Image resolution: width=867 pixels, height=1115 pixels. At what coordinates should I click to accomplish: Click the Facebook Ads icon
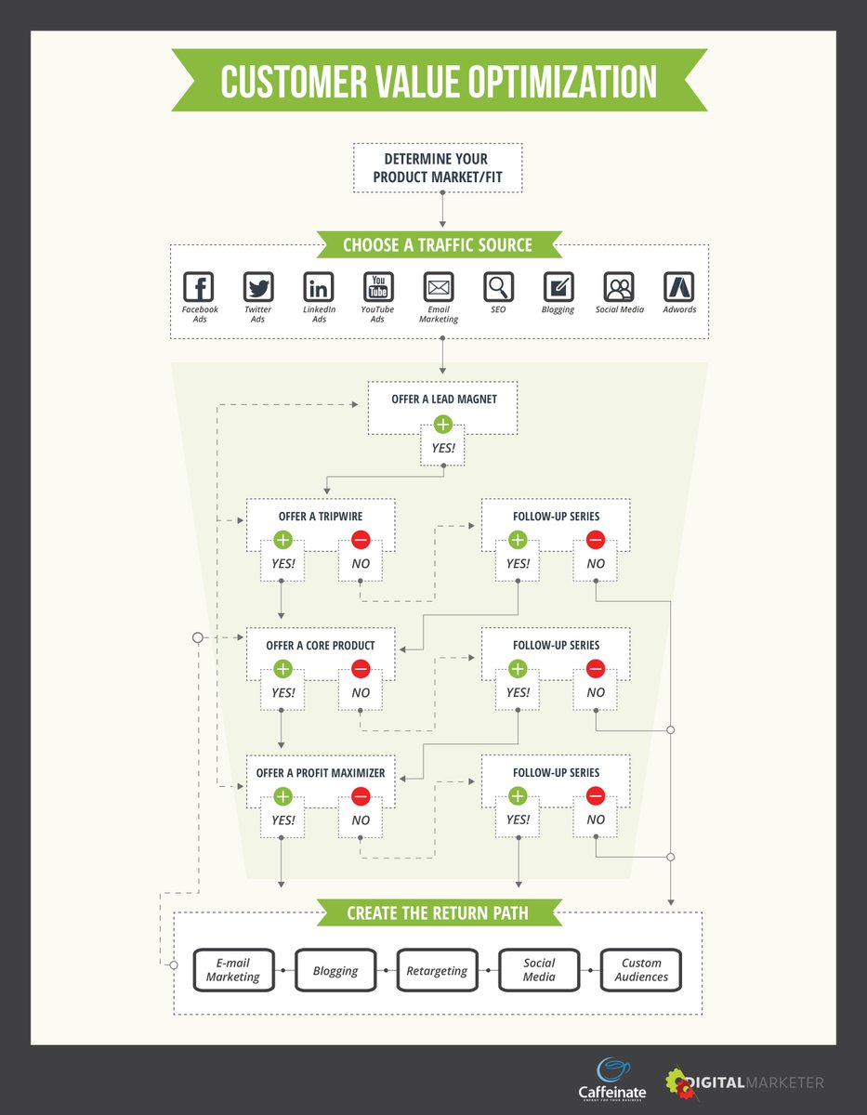click(199, 286)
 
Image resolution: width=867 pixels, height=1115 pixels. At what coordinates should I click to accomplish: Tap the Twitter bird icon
click(258, 286)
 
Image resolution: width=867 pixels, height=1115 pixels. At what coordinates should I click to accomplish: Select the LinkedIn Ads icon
click(319, 286)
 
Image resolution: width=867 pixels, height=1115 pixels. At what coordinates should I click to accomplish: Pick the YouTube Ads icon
click(378, 286)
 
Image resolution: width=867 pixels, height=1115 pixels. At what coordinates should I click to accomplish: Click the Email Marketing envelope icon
click(439, 286)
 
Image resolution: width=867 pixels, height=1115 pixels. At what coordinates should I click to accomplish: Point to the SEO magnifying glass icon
click(499, 286)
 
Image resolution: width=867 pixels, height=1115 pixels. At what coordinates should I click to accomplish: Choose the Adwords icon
click(679, 286)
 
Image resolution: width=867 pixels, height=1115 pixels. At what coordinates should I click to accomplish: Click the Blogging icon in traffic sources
click(558, 286)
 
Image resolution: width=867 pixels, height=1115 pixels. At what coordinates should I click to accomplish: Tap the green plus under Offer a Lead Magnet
click(442, 425)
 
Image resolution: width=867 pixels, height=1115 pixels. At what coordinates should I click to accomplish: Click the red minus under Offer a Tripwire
click(361, 540)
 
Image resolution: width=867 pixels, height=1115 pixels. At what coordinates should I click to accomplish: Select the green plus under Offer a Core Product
click(283, 668)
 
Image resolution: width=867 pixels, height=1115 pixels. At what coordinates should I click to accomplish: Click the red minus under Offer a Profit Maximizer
click(361, 795)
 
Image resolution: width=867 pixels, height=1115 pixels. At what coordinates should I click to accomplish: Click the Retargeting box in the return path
click(437, 971)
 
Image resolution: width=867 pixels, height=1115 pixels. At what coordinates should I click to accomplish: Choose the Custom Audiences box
click(641, 971)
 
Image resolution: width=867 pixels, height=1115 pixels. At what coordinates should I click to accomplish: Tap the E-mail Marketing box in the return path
click(233, 971)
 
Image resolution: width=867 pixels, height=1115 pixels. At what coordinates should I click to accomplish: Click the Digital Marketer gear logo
click(681, 1082)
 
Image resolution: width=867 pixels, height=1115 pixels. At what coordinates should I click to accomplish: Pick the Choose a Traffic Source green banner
click(438, 245)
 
